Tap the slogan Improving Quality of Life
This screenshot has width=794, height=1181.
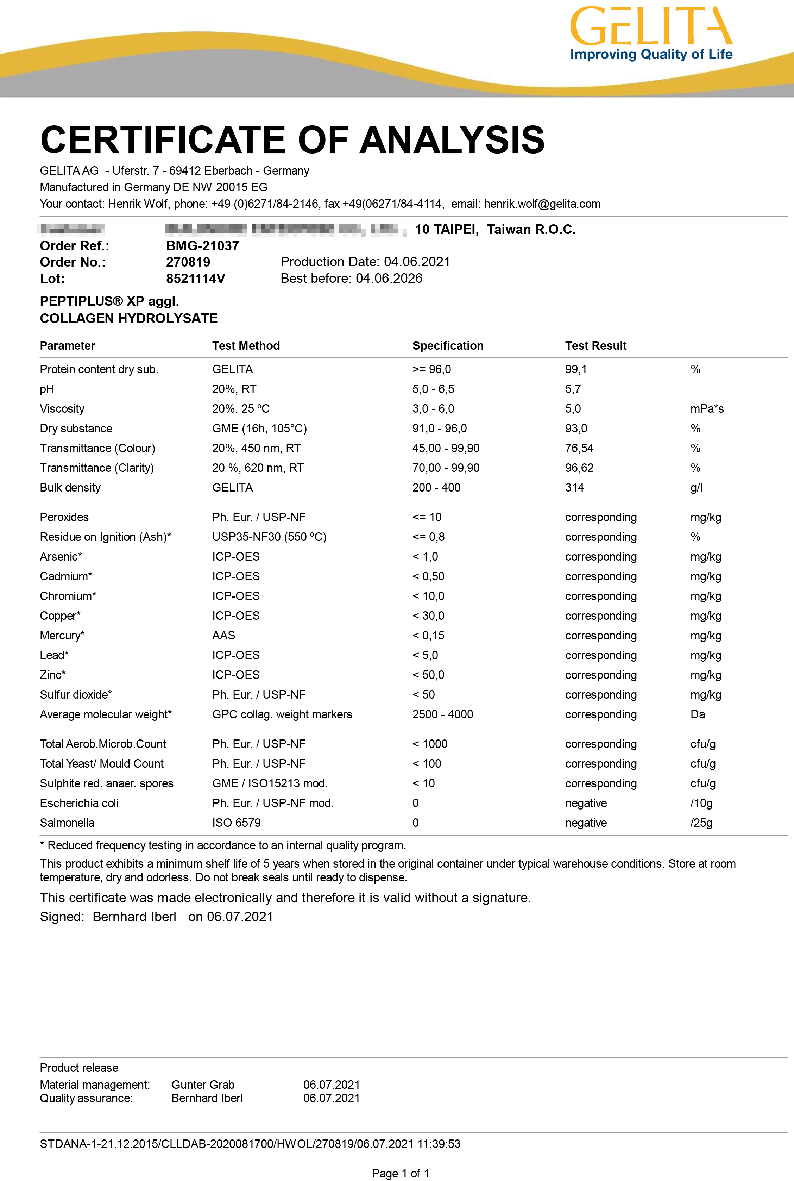(651, 55)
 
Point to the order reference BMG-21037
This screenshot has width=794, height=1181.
(203, 246)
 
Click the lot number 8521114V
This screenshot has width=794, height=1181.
(195, 279)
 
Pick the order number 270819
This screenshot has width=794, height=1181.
(188, 262)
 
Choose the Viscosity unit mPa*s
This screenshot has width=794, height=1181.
(707, 409)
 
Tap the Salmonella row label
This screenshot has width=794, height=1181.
(67, 823)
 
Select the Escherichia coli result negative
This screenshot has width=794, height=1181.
(586, 804)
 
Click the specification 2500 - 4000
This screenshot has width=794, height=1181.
(442, 714)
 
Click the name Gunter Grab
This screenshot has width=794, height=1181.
(203, 1085)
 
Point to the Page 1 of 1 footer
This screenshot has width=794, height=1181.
(401, 1173)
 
